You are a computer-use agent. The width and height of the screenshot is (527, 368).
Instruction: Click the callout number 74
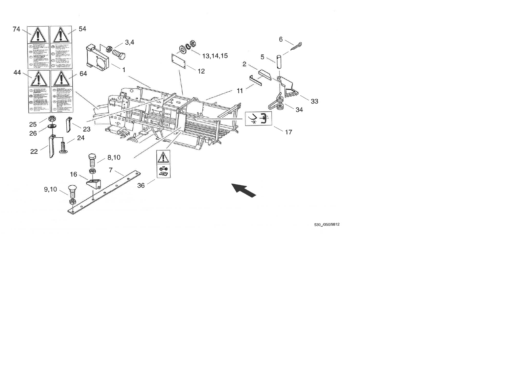coord(16,29)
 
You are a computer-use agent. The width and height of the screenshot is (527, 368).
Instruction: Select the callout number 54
coord(82,29)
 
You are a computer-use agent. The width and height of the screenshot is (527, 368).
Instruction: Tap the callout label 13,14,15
coord(215,56)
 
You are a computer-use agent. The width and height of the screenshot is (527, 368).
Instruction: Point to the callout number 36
coord(141,186)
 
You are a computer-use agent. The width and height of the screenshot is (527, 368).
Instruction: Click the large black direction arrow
coord(244,190)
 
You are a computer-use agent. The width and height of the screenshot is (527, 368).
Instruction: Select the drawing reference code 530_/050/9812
coord(327,225)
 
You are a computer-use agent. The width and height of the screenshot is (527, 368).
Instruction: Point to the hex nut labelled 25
coord(52,119)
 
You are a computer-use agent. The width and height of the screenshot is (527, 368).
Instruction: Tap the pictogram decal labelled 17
coord(259,119)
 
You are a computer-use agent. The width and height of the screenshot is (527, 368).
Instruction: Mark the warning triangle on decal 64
coord(61,79)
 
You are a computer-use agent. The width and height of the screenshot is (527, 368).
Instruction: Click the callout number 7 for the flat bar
coord(111,170)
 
